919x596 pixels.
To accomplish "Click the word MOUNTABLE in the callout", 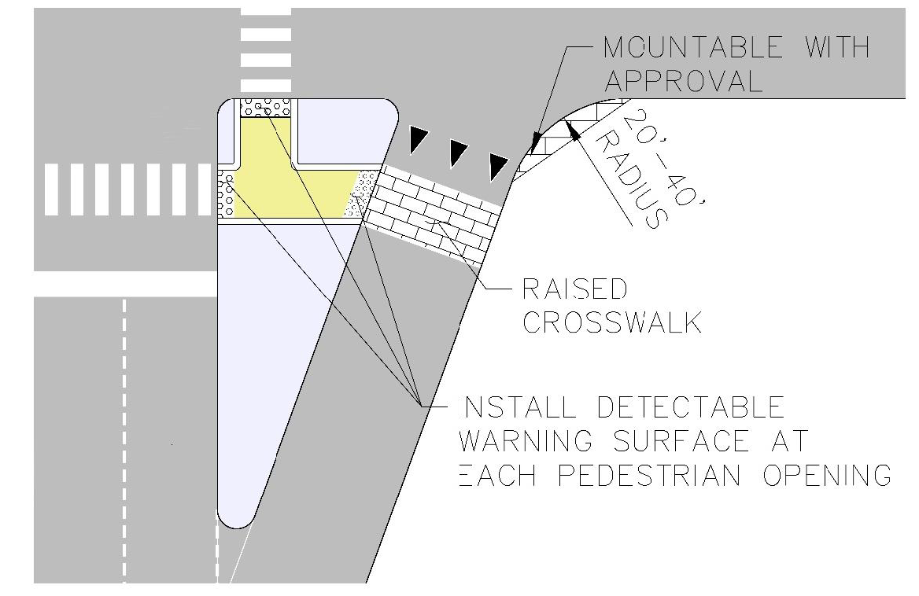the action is pos(693,47).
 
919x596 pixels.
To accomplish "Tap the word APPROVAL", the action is pos(684,81).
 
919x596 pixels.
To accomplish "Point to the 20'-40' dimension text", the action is pos(662,158).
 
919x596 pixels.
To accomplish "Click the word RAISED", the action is pos(574,289).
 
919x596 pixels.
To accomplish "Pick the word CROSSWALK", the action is pos(612,322).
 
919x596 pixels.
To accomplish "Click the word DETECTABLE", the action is pos(690,407).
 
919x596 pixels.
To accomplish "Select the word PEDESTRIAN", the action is pos(649,475).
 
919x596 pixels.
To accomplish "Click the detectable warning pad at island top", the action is pos(266,109).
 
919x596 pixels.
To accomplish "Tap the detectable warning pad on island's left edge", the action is pos(227,194).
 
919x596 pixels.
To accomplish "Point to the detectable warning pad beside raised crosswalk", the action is pos(361,193).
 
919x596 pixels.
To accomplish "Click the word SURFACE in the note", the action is pos(681,441).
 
